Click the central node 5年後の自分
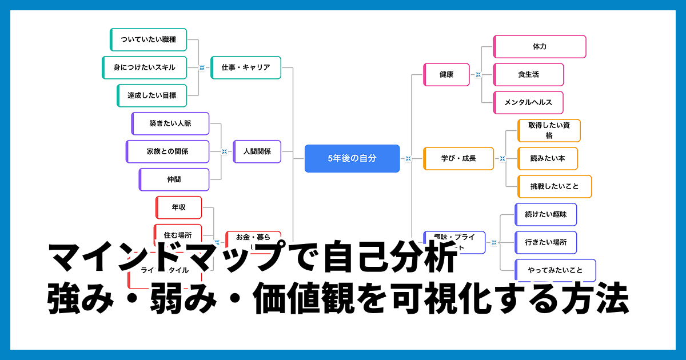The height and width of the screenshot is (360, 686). click(x=352, y=158)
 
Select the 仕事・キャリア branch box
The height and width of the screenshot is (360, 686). click(x=246, y=67)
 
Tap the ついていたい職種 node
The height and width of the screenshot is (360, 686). click(x=148, y=39)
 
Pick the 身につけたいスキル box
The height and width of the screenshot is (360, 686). click(x=144, y=67)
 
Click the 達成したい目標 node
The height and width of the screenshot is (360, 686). click(x=151, y=95)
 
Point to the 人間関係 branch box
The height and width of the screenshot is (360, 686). click(x=257, y=151)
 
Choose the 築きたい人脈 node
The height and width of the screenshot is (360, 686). click(x=170, y=123)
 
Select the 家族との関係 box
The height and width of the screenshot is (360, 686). click(x=167, y=151)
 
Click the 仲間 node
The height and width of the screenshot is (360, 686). click(x=174, y=179)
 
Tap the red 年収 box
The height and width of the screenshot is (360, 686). click(x=178, y=207)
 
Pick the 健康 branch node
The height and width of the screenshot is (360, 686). click(x=446, y=74)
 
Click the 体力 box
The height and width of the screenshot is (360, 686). click(x=539, y=46)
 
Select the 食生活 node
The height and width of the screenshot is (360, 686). click(x=528, y=74)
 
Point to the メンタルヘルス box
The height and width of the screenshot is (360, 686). click(x=528, y=103)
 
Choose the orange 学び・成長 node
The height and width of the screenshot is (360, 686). click(x=458, y=158)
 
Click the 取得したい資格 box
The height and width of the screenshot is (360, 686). click(x=548, y=130)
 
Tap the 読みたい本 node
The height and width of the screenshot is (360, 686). click(x=547, y=158)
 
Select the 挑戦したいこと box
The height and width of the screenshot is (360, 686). click(x=554, y=186)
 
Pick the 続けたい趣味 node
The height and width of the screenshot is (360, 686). click(x=545, y=214)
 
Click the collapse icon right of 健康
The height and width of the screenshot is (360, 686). click(x=478, y=75)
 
